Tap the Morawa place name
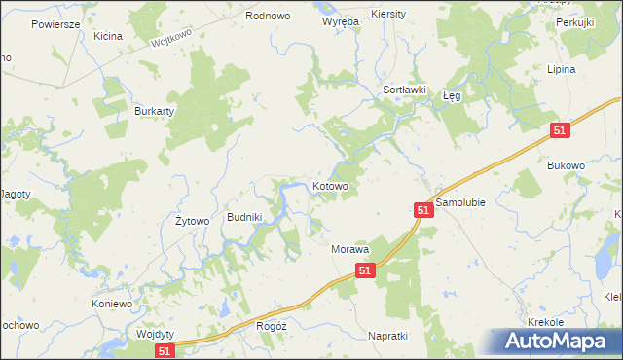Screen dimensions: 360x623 [x=350, y=250]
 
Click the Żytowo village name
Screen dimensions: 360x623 [x=192, y=221]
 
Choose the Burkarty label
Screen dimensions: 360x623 [x=153, y=111]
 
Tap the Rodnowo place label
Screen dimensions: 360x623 [x=269, y=16]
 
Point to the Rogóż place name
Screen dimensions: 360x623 [x=269, y=327]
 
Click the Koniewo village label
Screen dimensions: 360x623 [x=112, y=304]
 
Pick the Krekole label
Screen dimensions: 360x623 [x=545, y=321]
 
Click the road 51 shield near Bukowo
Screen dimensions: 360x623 [x=559, y=130]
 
